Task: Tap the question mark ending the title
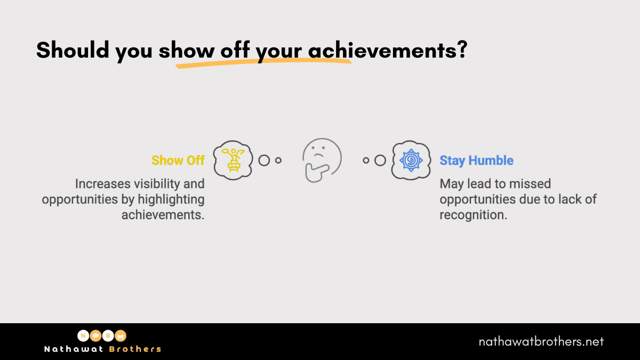coord(461,50)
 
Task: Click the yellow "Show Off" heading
coord(178,161)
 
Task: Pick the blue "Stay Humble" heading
coord(476,161)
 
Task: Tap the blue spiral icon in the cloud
coord(411,161)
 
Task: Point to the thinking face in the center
coord(322,161)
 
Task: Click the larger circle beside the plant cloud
coord(264,160)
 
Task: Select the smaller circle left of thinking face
coord(278,160)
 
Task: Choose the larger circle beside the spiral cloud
coord(380,160)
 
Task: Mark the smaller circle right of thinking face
coord(366,160)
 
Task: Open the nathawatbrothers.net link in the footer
coord(541,341)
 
